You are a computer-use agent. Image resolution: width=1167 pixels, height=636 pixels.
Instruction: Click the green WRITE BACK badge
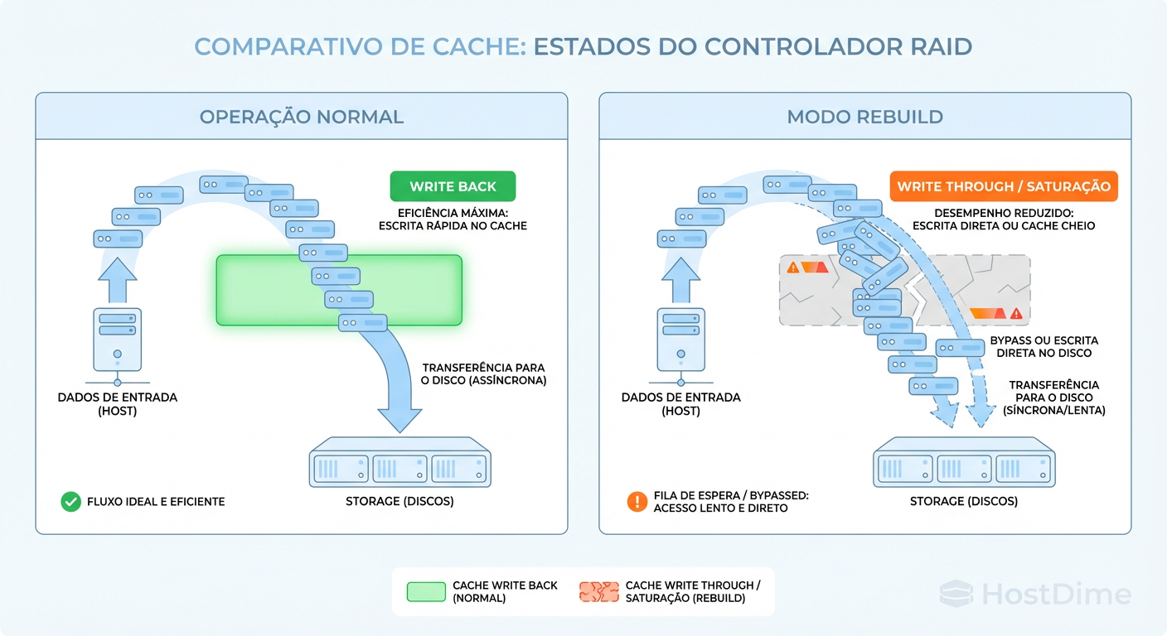tap(453, 186)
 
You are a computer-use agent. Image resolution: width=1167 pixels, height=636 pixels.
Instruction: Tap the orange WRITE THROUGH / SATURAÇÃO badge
tap(1003, 186)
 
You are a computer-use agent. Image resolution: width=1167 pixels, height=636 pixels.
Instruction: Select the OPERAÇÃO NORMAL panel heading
tap(301, 117)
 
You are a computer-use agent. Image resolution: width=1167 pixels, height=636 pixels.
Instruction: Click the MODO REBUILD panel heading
tap(864, 117)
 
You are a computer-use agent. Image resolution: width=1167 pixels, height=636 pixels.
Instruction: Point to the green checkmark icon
tap(70, 501)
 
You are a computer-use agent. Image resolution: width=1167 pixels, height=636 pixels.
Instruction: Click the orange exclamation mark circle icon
tap(637, 501)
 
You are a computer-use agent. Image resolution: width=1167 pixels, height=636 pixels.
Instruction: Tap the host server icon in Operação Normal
tap(117, 340)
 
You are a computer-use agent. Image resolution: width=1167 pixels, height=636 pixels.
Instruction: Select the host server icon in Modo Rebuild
tap(680, 340)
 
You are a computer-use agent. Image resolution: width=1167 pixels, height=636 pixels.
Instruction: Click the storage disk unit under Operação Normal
tap(399, 468)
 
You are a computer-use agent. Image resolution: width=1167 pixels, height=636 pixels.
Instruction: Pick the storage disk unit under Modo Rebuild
tap(963, 468)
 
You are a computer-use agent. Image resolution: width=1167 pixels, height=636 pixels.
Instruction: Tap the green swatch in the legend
tap(426, 591)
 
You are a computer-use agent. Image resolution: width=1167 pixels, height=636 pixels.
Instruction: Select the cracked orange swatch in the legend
tap(598, 591)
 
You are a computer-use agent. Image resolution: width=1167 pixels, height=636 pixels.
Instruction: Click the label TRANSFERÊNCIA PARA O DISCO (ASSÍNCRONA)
tap(484, 374)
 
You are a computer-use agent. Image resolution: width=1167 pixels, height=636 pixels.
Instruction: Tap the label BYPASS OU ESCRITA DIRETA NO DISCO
tap(1044, 347)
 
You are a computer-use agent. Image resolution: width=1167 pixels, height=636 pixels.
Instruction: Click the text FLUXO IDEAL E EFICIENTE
tap(156, 501)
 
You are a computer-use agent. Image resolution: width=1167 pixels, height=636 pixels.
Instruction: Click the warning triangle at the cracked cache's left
tap(793, 267)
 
